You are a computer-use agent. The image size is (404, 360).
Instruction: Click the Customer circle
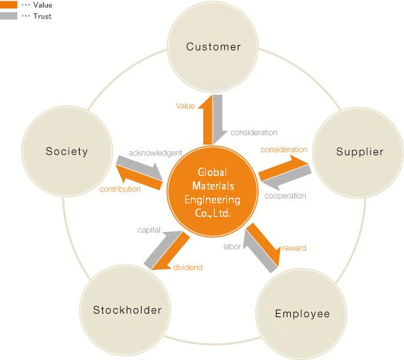213,46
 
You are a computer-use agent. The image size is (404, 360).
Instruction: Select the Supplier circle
358,153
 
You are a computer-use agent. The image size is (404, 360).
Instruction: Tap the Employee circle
301,314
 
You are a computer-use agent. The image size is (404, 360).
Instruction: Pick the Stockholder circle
125,310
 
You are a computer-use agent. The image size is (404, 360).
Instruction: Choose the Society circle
67,151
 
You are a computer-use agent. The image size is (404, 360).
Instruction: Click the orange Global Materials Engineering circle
213,191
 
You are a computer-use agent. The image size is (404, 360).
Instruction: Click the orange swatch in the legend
8,5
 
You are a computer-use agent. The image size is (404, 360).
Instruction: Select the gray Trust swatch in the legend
8,16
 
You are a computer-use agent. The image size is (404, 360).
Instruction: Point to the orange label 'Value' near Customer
185,106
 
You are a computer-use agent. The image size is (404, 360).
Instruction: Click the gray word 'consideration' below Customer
254,132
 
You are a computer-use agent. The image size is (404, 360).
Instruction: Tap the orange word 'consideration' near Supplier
284,149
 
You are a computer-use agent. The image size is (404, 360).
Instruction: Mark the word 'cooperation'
285,196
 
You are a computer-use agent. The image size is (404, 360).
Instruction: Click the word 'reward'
294,248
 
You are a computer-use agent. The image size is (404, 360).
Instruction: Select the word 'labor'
232,247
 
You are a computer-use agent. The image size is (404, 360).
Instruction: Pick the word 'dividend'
188,268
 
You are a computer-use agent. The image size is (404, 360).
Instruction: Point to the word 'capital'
149,230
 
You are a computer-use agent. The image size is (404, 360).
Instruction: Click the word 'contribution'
120,190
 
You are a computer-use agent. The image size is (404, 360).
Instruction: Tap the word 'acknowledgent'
155,153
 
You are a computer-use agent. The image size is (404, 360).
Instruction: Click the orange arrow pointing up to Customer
208,120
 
